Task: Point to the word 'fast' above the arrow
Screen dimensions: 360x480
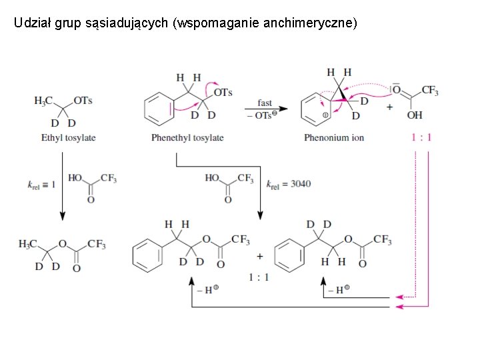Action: click(x=265, y=103)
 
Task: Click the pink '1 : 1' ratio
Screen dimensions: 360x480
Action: click(x=421, y=138)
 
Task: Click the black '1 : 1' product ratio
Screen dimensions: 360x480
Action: click(x=259, y=277)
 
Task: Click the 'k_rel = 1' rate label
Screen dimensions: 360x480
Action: click(x=42, y=185)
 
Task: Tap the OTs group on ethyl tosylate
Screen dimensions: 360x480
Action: click(x=83, y=101)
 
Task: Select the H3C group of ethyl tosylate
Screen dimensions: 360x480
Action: click(x=43, y=101)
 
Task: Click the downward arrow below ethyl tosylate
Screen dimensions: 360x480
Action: click(x=62, y=213)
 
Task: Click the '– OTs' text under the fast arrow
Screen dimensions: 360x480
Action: click(x=264, y=115)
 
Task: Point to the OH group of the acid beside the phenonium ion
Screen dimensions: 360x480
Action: click(x=415, y=115)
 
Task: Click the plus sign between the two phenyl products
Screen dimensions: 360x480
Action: click(x=259, y=256)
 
